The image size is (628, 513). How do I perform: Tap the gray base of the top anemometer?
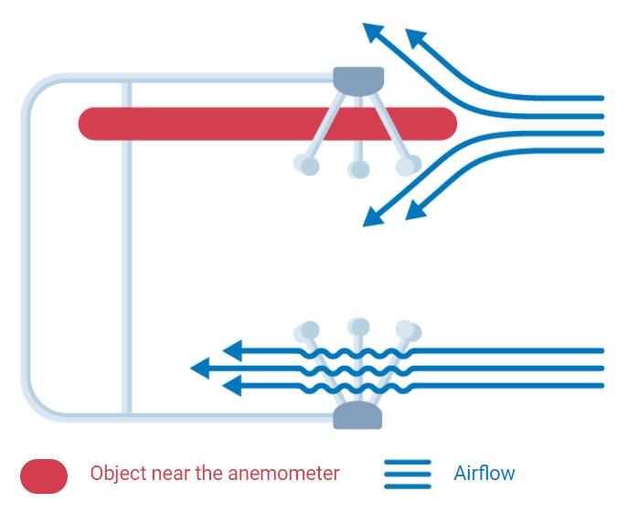[358, 80]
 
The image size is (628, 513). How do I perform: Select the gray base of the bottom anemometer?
[357, 417]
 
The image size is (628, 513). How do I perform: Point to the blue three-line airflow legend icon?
[407, 474]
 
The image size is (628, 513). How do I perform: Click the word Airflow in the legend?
[484, 474]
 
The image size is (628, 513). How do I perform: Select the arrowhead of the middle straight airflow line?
[200, 369]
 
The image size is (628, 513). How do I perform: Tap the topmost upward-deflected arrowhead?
[372, 32]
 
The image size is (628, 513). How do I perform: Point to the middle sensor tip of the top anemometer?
[358, 169]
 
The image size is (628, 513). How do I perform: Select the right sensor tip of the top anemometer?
[409, 166]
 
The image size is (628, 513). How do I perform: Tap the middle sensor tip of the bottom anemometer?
[358, 326]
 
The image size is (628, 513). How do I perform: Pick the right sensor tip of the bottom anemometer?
[408, 330]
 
